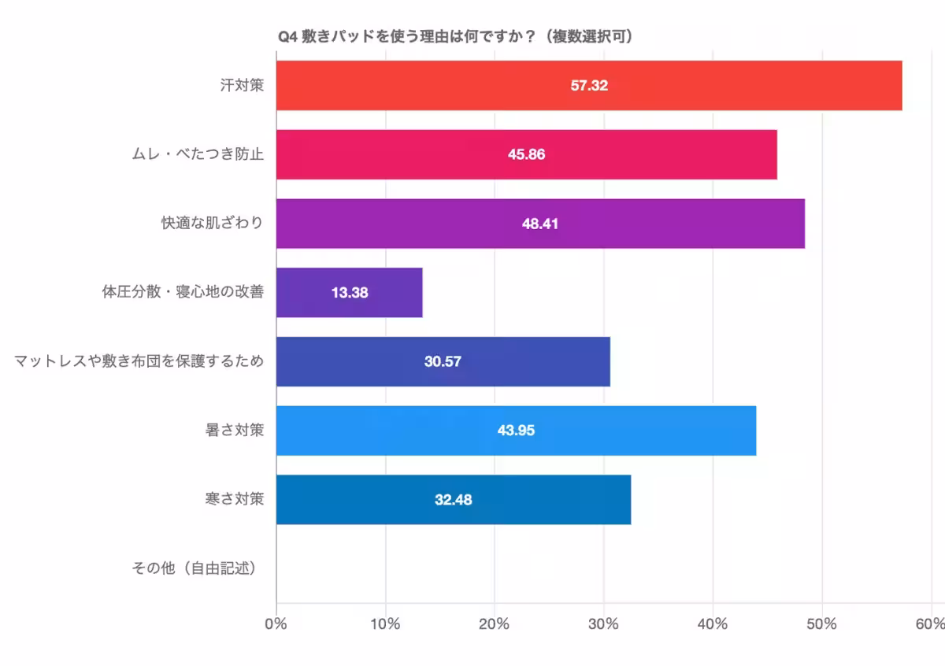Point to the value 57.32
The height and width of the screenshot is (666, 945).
tap(589, 85)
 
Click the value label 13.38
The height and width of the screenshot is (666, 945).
tap(350, 293)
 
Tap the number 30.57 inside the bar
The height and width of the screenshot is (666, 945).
tap(443, 362)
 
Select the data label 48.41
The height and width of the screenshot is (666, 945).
tap(540, 224)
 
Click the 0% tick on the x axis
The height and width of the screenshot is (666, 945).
tap(276, 624)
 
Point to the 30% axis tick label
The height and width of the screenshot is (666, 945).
tap(603, 624)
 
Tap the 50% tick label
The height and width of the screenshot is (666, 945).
tap(821, 624)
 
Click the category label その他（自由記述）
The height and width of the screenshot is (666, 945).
tap(198, 568)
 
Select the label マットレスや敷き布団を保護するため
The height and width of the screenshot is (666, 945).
tap(139, 361)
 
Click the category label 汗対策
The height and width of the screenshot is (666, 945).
tap(242, 84)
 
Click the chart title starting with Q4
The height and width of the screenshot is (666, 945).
tap(457, 37)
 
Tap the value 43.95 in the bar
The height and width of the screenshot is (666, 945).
tap(517, 431)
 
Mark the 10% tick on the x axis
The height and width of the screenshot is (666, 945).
tap(385, 624)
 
